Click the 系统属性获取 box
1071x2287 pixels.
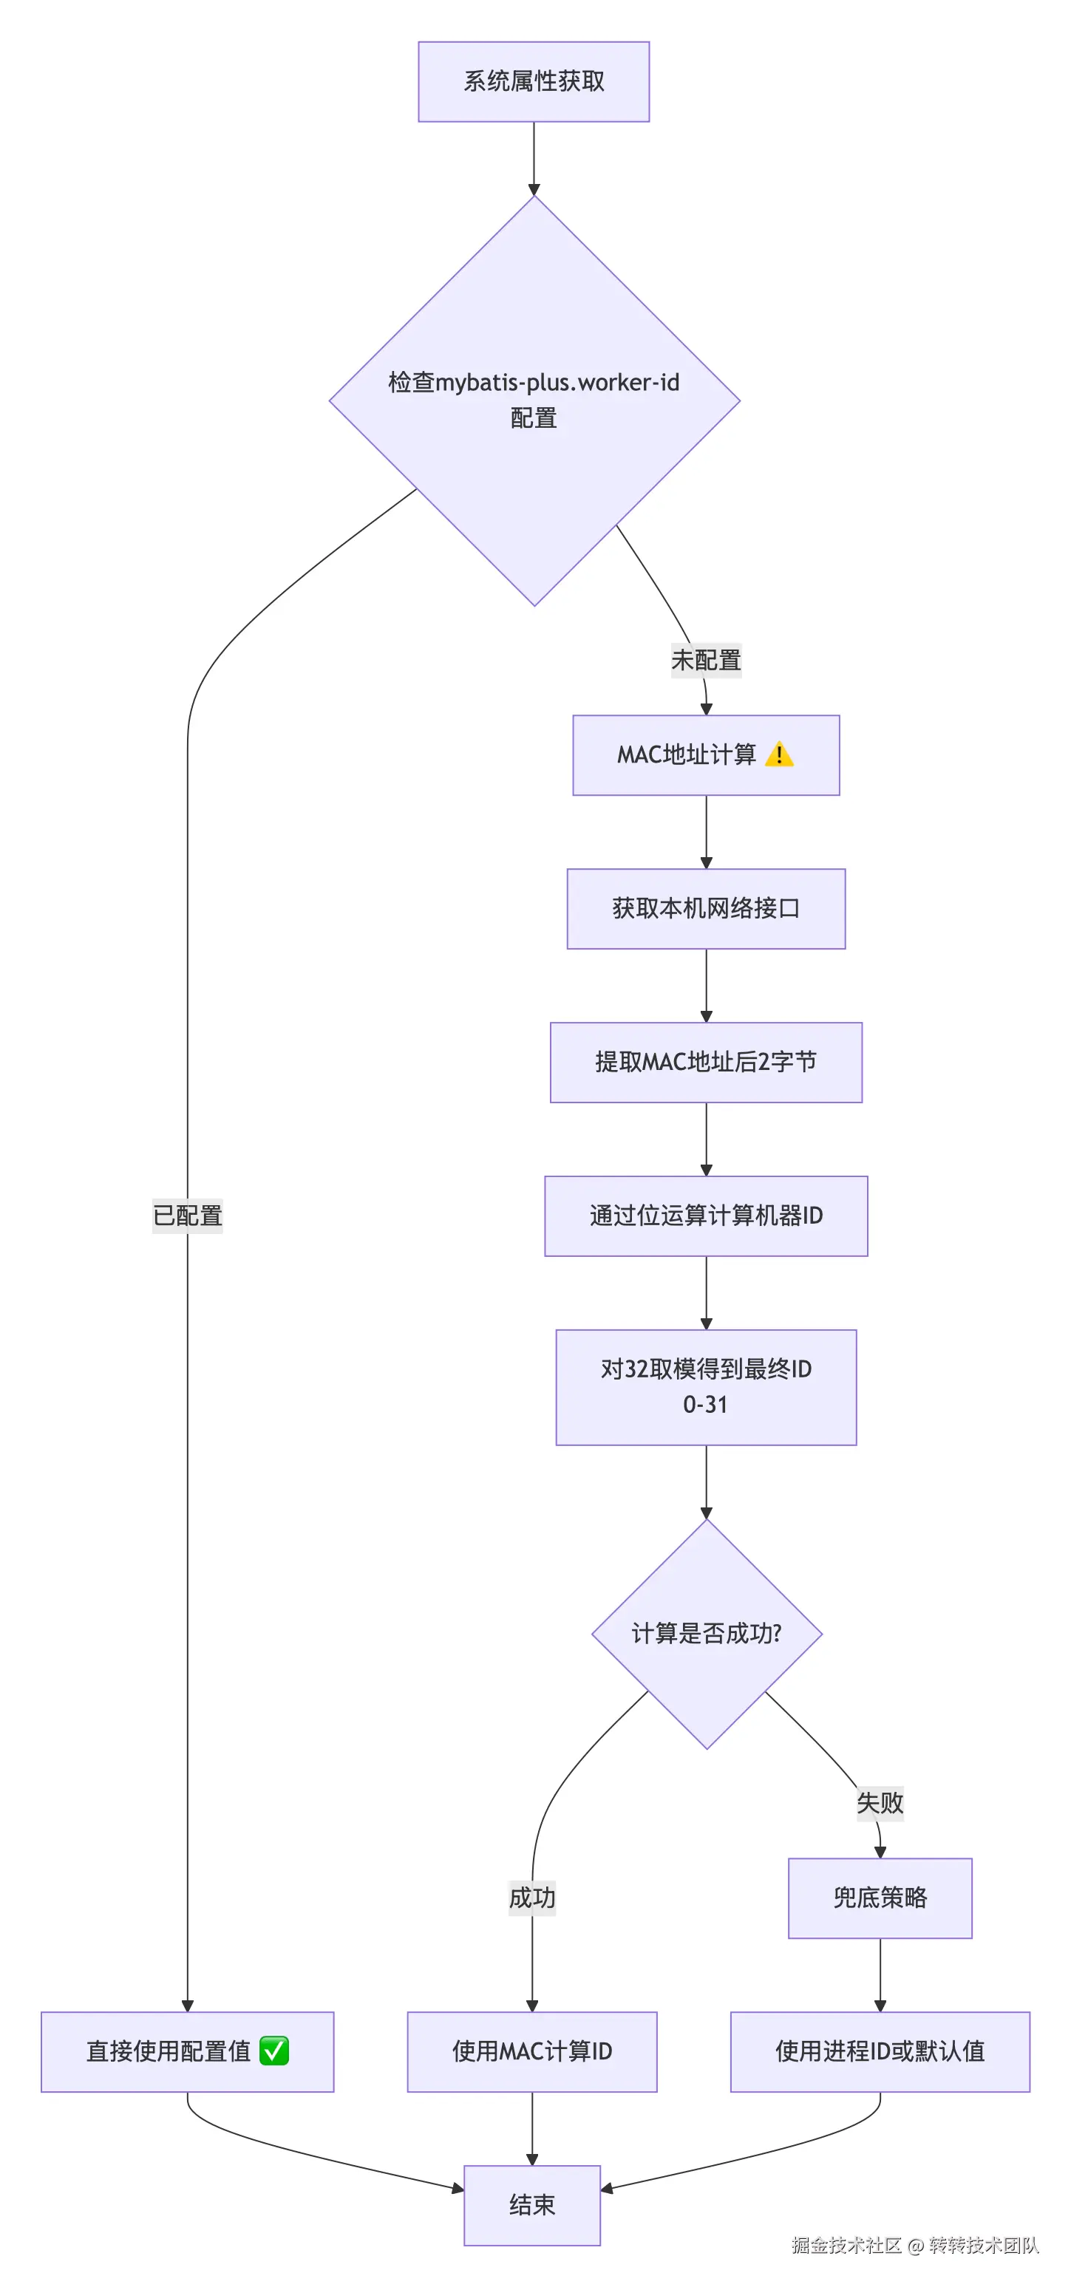pyautogui.click(x=534, y=82)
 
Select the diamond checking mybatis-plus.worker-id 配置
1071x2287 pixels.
pyautogui.click(x=534, y=401)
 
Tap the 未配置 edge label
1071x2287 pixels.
pyautogui.click(x=706, y=661)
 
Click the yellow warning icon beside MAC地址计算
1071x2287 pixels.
pyautogui.click(x=779, y=754)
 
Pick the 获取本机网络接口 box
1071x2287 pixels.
pyautogui.click(x=706, y=908)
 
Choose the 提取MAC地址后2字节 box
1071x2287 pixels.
pyautogui.click(x=706, y=1062)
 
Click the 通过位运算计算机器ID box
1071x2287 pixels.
pyautogui.click(x=706, y=1216)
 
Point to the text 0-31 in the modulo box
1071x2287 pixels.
pyautogui.click(x=705, y=1405)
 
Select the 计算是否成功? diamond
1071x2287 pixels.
pyautogui.click(x=706, y=1634)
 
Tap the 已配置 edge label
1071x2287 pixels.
pyautogui.click(x=188, y=1216)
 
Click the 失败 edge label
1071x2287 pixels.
pyautogui.click(x=879, y=1802)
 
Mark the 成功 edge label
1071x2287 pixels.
pyautogui.click(x=532, y=1898)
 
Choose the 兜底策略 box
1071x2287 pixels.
pyautogui.click(x=879, y=1898)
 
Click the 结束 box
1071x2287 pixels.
pyautogui.click(x=532, y=2205)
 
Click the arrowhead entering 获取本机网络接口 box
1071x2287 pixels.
pyautogui.click(x=706, y=863)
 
